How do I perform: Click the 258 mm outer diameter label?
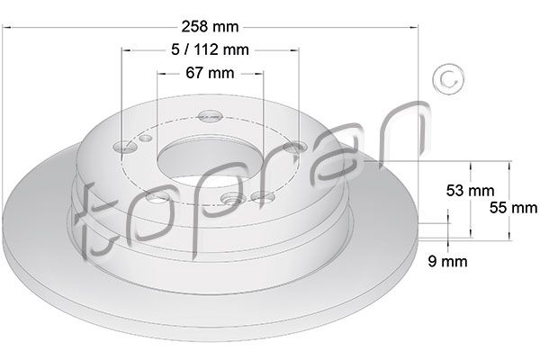(x=210, y=26)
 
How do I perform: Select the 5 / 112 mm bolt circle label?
(x=210, y=50)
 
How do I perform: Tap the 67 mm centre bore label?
(x=210, y=73)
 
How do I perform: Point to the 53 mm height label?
(x=470, y=190)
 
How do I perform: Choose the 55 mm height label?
(x=514, y=208)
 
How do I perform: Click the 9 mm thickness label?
(x=447, y=261)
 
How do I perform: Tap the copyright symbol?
(x=448, y=79)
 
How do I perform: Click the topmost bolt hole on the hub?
(x=210, y=116)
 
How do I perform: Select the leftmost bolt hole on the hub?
(x=125, y=147)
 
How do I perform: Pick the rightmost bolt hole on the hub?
(x=295, y=148)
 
